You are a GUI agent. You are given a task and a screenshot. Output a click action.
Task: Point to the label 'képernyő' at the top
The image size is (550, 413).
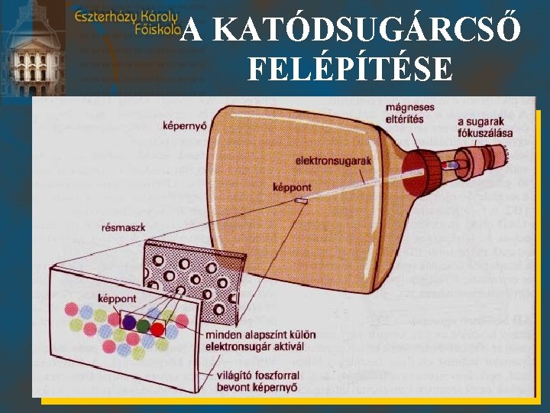point(185,126)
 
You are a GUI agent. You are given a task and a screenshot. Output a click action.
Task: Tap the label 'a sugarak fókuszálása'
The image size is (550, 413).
point(484,127)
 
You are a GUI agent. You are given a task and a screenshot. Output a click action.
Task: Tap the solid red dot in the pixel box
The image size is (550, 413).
point(157,329)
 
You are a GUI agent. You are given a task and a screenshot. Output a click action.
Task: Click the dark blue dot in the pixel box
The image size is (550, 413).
point(129,322)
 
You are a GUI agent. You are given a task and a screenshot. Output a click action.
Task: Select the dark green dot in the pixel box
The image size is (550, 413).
point(143,327)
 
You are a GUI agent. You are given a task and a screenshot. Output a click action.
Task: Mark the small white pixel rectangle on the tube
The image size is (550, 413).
point(302,201)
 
